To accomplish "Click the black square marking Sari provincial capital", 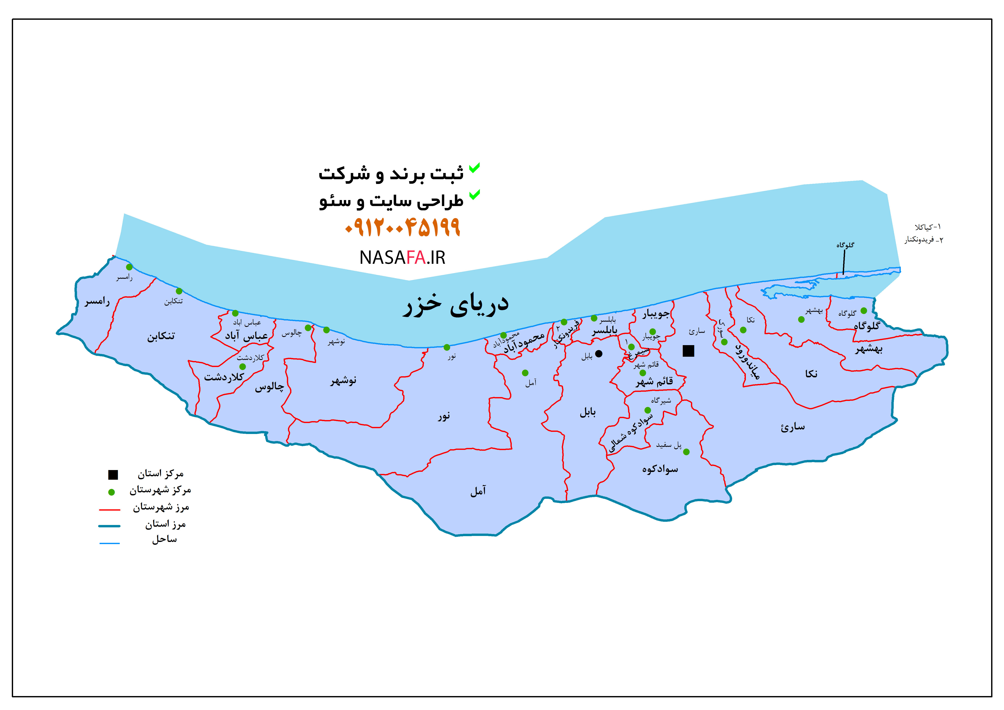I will [688, 351].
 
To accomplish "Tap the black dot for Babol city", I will [599, 353].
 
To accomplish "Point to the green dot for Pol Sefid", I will [686, 452].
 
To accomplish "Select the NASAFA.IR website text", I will [402, 258].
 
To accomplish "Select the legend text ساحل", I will [164, 539].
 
